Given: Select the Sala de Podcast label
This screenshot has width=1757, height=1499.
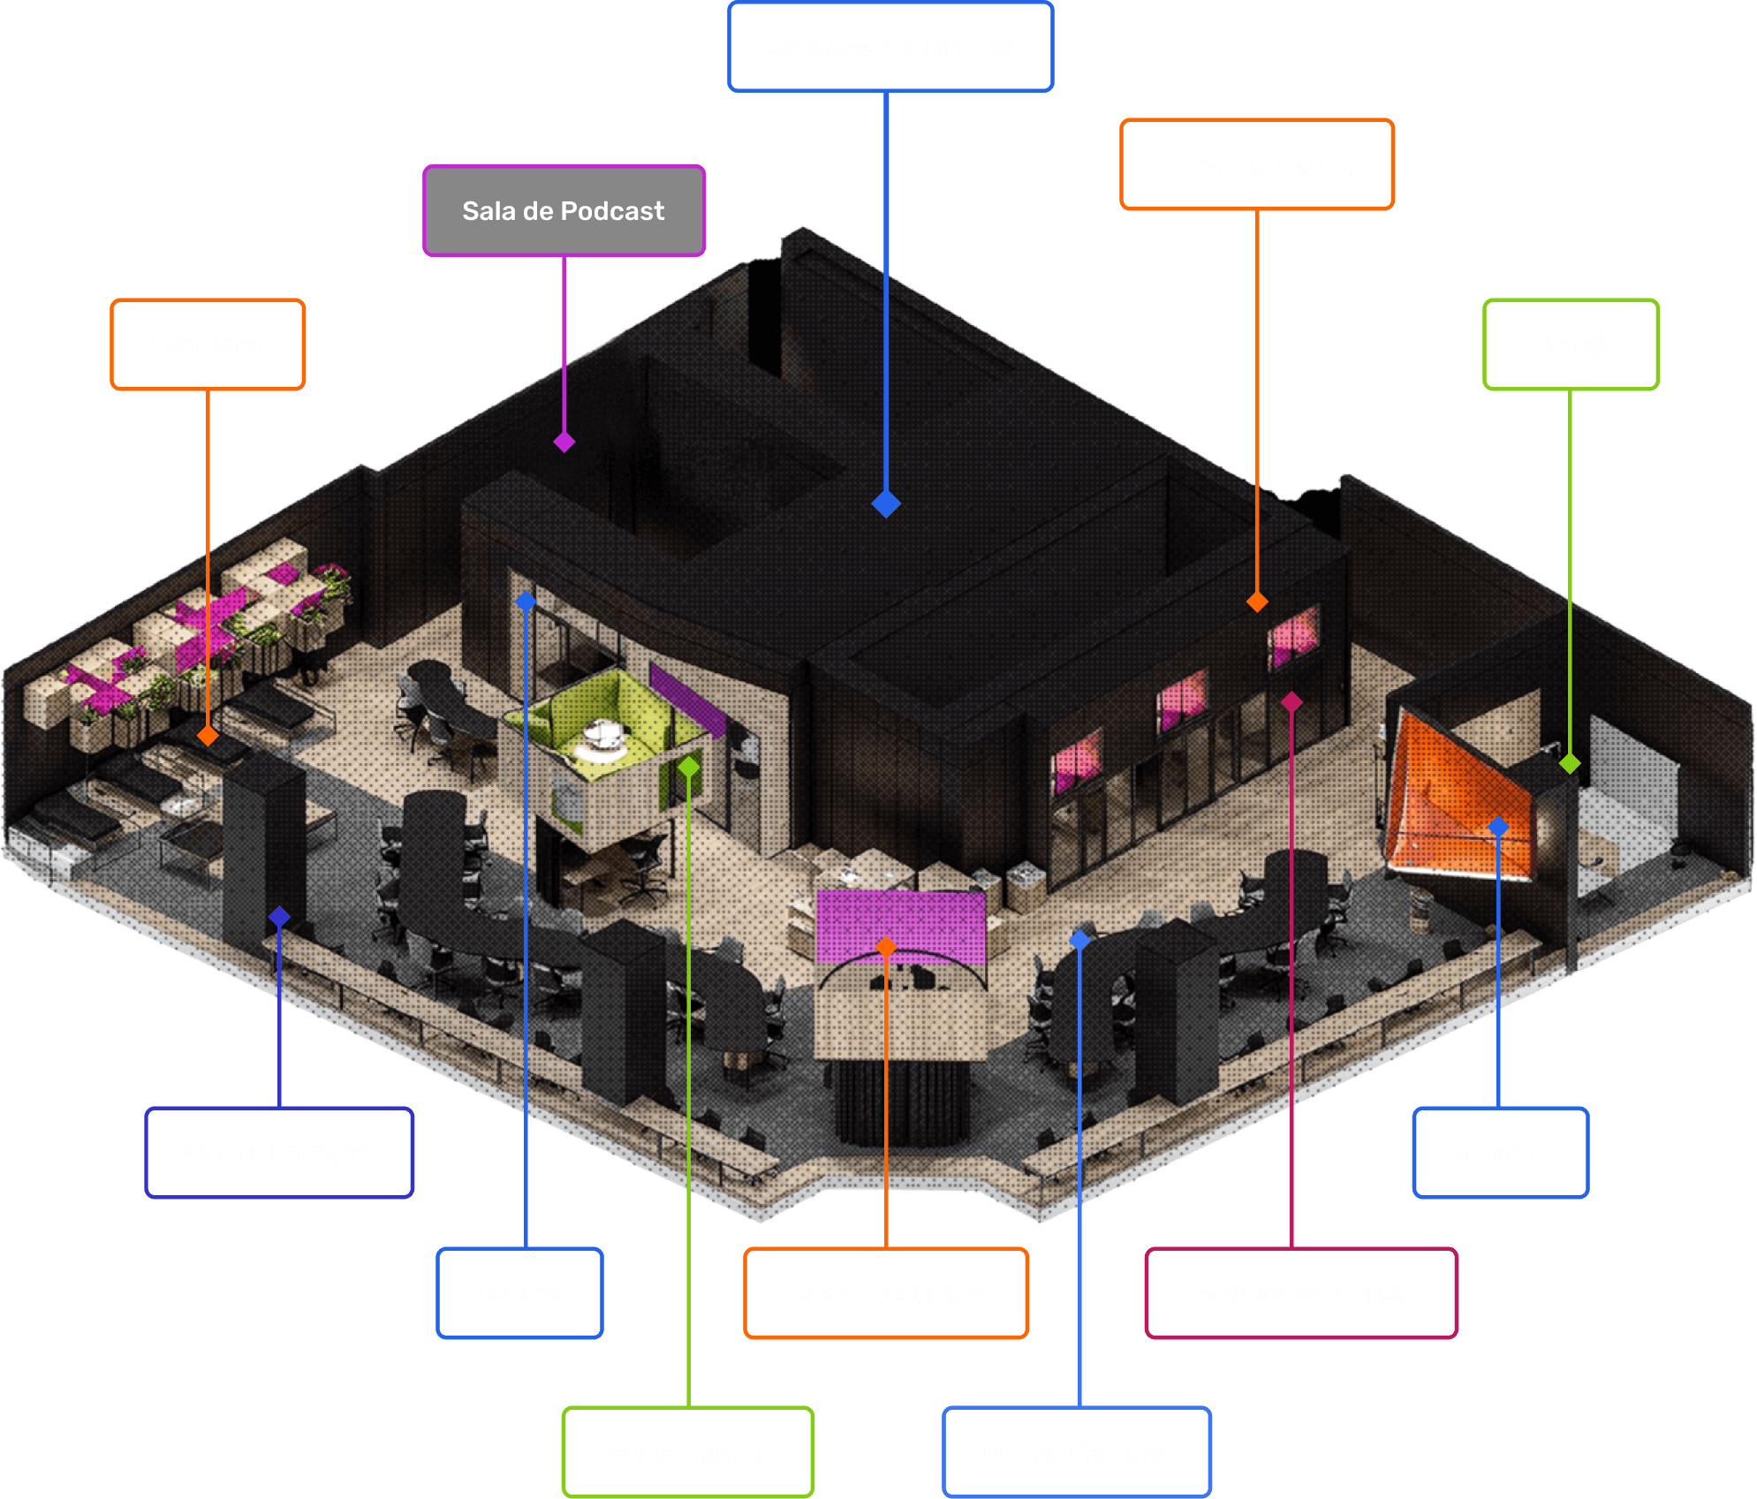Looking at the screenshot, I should coord(564,211).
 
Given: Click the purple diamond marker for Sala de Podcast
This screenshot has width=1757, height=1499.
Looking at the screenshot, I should coord(564,442).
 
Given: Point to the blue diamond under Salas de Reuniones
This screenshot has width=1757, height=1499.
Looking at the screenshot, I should coord(886,504).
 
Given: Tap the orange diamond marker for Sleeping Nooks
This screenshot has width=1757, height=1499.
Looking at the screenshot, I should coord(1257,602).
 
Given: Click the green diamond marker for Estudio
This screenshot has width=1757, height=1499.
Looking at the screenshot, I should coord(1570,763).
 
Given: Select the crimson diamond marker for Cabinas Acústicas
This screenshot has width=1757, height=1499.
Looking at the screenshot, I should coord(1291,702).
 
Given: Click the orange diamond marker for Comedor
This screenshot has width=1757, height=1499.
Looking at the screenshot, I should coord(208,736).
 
